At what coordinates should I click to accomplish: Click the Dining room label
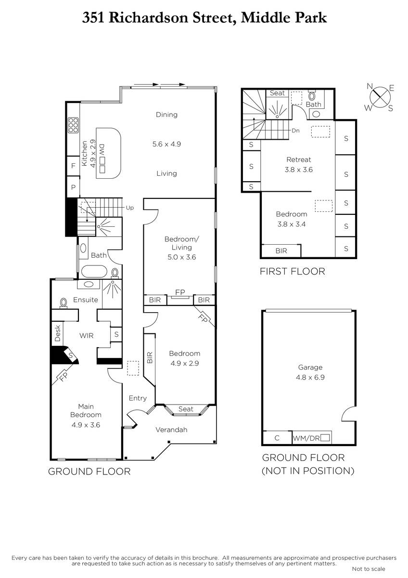pos(166,115)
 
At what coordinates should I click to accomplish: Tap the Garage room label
pos(310,367)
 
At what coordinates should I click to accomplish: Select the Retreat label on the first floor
pos(298,159)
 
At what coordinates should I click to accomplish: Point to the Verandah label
pos(171,430)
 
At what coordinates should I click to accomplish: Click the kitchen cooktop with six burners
pos(73,125)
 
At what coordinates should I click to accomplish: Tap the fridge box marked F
pos(73,166)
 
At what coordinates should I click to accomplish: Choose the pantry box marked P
pos(73,187)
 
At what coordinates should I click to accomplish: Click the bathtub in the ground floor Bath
pos(94,272)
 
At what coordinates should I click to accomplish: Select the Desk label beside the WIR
pos(57,333)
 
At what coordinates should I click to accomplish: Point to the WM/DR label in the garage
pos(306,438)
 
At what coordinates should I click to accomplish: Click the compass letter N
pos(370,86)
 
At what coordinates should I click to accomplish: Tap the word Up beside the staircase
pos(129,208)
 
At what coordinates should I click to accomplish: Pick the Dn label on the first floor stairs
pos(295,131)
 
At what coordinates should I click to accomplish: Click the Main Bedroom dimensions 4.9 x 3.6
pos(86,425)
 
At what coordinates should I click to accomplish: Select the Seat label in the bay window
pos(186,409)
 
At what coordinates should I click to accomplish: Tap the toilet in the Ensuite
pos(64,303)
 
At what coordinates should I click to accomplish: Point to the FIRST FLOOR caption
pos(292,272)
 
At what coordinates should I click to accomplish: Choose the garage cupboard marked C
pos(277,438)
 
